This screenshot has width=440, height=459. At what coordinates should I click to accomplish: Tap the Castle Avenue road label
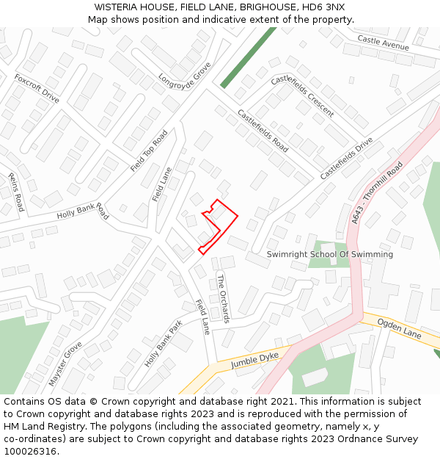click(383, 43)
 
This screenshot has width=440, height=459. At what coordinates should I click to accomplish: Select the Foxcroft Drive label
click(37, 87)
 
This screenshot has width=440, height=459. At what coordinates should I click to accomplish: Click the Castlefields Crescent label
click(302, 96)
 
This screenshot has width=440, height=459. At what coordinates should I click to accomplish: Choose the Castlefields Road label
click(262, 131)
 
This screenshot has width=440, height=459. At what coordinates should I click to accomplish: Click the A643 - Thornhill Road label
click(377, 193)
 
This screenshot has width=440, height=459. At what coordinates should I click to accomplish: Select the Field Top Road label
click(149, 151)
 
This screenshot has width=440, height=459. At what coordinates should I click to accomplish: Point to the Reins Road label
click(16, 192)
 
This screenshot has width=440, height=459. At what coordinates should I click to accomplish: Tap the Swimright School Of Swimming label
click(329, 254)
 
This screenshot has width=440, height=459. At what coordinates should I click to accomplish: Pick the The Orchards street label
click(223, 298)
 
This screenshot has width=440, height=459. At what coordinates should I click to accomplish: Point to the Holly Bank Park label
click(164, 344)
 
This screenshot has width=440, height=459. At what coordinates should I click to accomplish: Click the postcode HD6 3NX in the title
click(323, 7)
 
